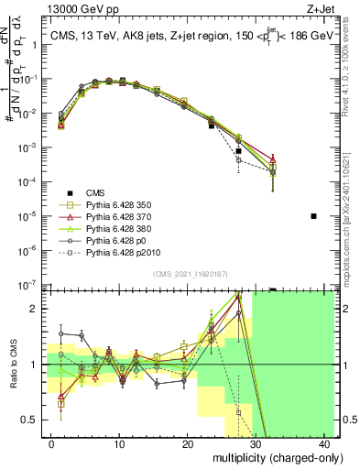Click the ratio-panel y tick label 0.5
click(30, 420)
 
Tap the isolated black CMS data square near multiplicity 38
click(313, 216)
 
